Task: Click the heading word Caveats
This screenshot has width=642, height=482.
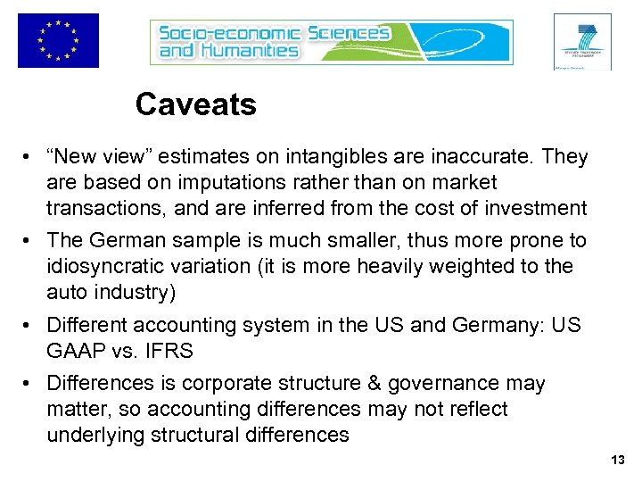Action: click(x=195, y=105)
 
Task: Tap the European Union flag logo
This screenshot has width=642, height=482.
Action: click(x=58, y=40)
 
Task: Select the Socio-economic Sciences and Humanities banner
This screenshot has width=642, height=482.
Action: click(x=331, y=42)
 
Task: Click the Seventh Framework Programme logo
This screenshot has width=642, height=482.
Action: click(x=582, y=41)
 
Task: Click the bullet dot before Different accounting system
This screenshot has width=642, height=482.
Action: click(x=31, y=325)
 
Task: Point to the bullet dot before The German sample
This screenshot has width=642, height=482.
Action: click(x=31, y=241)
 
